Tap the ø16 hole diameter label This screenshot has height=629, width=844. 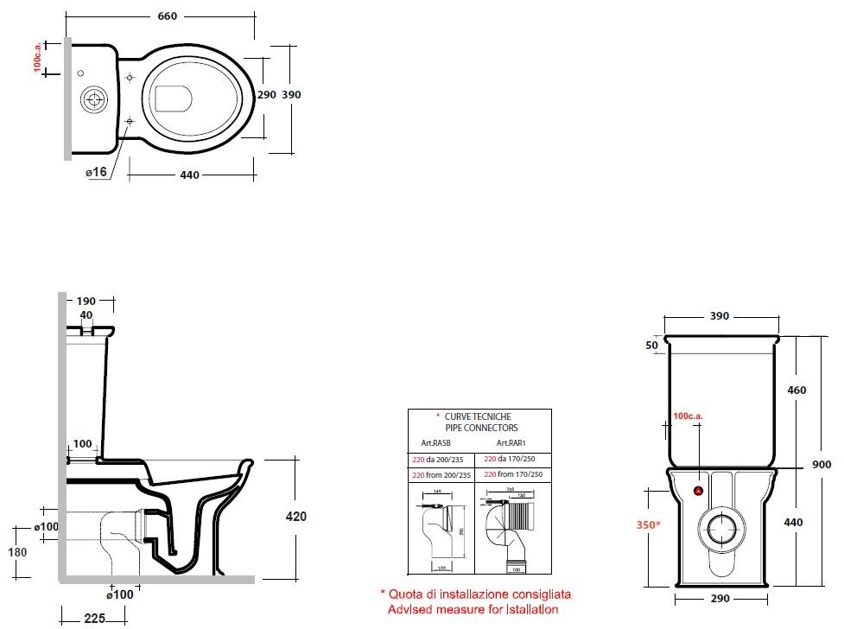tap(96, 172)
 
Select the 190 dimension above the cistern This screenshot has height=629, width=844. tap(86, 301)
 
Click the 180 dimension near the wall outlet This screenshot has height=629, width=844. tap(17, 552)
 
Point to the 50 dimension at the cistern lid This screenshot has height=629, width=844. tap(651, 346)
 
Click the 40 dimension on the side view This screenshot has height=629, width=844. tap(86, 315)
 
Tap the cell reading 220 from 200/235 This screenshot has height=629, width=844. tap(441, 475)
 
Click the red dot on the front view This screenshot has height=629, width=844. tap(699, 492)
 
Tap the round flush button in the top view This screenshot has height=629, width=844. tap(92, 99)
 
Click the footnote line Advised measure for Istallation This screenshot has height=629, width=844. tap(473, 610)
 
